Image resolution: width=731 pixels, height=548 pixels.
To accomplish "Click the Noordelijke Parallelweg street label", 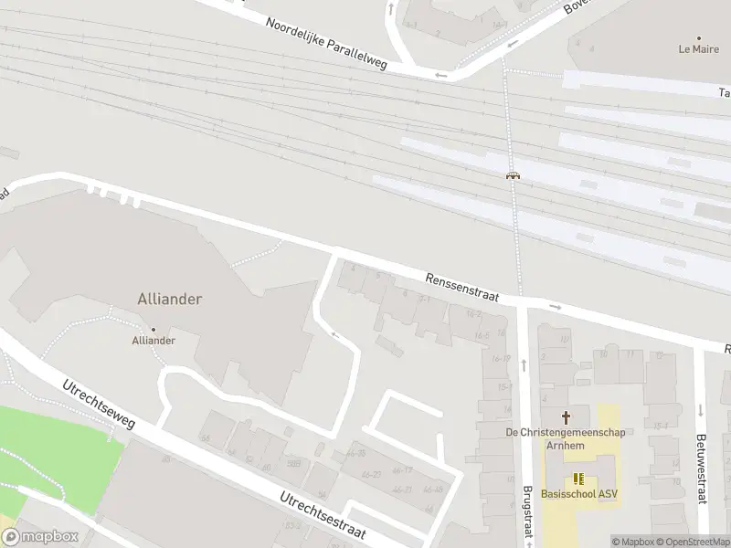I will coord(326,43).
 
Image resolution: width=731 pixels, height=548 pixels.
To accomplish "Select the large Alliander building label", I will coord(169,299).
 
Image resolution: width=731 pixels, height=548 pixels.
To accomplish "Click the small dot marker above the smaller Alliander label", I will coord(153,329).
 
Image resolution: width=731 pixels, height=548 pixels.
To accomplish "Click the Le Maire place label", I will coord(698,48).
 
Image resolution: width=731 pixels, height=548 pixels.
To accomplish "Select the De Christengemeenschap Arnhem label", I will coord(567,438).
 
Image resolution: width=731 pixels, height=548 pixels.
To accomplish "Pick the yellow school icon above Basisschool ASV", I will coord(577,478).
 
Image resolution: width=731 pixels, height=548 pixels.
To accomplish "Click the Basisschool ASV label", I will coord(578,494).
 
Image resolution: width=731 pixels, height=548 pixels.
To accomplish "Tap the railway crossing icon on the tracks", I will coord(514,175).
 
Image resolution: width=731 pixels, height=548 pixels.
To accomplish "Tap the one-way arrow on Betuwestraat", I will coord(701,410).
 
